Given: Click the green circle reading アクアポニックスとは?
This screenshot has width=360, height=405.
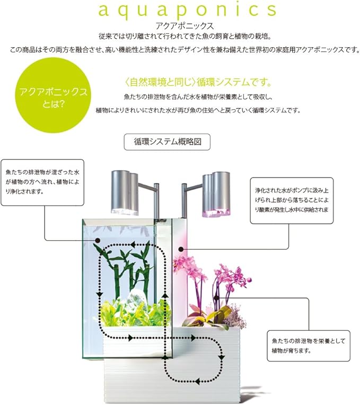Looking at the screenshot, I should [x=53, y=96].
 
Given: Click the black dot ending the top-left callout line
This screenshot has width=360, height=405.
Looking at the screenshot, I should [x=98, y=241].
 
